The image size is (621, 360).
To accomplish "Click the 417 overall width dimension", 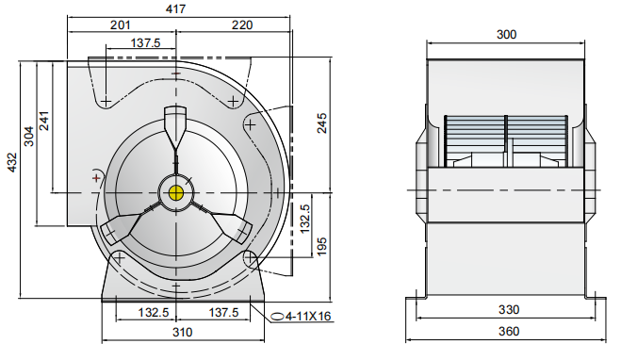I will coord(175,8).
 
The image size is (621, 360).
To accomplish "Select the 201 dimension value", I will coord(120,26).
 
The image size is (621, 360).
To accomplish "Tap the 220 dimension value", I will coord(242,26).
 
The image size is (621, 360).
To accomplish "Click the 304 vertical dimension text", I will coord(28,138).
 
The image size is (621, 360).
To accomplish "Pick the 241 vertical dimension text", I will coord(44,121).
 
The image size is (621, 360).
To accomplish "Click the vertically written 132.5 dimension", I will coord(305,221).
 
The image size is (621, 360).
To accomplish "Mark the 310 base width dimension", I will coord(182,333).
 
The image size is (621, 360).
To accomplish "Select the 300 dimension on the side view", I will coord(507,35).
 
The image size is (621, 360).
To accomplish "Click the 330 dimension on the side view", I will coord(507,310).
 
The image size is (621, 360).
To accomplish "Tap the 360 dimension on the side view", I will coord(507,333).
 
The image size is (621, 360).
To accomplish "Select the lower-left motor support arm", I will coord(125,227).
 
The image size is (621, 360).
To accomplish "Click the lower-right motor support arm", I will coord(228,227).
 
